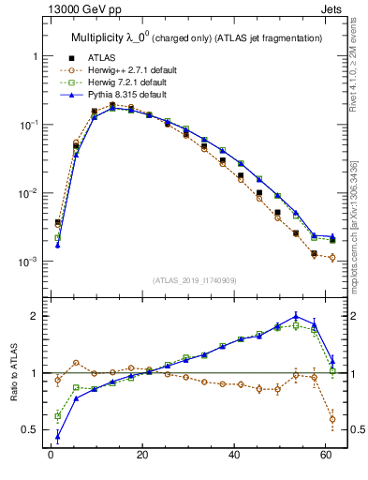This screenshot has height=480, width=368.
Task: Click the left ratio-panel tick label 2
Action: click(31, 316)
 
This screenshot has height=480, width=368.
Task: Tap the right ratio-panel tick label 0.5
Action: click(353, 430)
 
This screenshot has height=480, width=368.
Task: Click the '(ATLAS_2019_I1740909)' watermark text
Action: click(192, 280)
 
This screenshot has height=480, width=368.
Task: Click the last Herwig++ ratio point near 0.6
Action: click(333, 419)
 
